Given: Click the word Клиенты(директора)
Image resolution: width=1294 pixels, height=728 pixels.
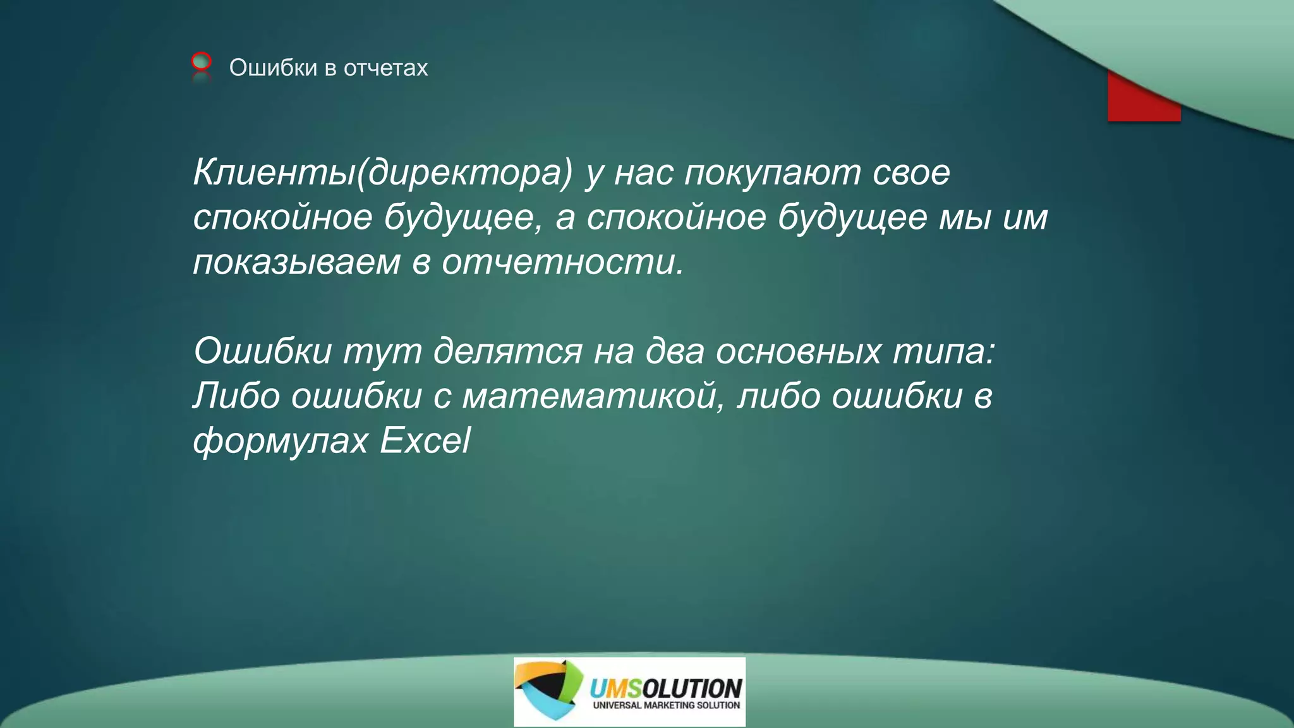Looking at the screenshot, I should point(382,172).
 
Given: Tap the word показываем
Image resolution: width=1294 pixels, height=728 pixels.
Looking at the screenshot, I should point(296,262).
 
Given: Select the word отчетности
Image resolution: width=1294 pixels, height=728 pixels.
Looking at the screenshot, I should point(562,262).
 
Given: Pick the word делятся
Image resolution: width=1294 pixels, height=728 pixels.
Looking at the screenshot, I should point(507,351).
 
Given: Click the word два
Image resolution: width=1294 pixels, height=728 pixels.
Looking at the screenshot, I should point(674,351).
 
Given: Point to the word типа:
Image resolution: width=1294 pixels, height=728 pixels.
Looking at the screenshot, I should point(943,351).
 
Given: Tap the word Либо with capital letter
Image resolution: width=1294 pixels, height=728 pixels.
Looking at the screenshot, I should point(236,396).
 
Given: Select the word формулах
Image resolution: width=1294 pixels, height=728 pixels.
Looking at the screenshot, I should point(281,441).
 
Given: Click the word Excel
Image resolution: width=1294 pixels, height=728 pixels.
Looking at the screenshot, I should point(425,440).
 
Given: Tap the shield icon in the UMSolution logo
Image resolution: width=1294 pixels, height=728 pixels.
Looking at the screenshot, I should point(547,690).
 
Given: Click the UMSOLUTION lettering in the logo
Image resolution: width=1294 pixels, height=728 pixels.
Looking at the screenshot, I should point(665,687).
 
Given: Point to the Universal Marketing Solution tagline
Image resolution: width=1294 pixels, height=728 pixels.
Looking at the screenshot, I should point(666,705).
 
